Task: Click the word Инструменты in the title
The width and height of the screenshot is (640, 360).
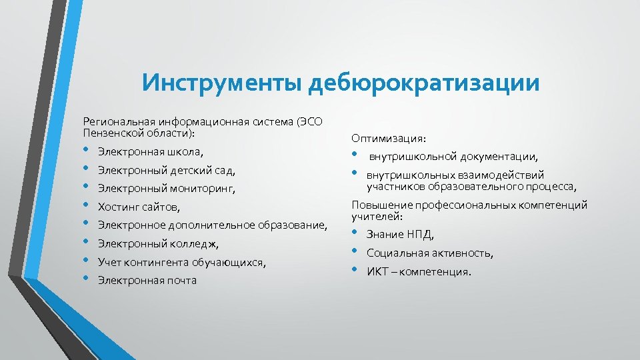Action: pyautogui.click(x=223, y=84)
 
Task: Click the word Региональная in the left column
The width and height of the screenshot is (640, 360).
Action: pyautogui.click(x=116, y=121)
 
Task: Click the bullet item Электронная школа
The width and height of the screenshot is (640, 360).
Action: pyautogui.click(x=151, y=152)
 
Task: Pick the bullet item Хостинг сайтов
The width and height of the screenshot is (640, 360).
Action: pyautogui.click(x=139, y=207)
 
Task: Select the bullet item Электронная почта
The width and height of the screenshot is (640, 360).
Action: pyautogui.click(x=147, y=280)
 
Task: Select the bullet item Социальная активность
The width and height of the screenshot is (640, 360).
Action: pyautogui.click(x=430, y=253)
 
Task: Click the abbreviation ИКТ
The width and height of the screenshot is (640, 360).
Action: pyautogui.click(x=377, y=272)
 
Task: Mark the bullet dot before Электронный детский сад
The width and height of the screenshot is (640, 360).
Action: pyautogui.click(x=87, y=170)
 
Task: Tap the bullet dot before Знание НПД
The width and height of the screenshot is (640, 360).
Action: pyautogui.click(x=355, y=234)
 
